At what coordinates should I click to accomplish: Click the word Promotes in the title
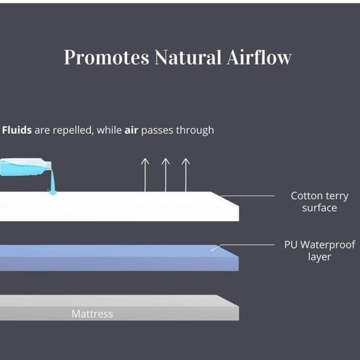tap(107, 57)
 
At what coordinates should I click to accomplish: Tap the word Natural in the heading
tap(188, 57)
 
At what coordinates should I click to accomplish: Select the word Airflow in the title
tap(259, 56)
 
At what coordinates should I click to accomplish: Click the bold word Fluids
tap(17, 130)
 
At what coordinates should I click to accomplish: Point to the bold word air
tap(131, 130)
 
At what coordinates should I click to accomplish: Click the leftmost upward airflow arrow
tap(145, 175)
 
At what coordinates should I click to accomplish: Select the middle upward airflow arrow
tap(166, 175)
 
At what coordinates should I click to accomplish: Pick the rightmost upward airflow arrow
tap(186, 175)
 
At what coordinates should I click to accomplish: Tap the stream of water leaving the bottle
tap(53, 181)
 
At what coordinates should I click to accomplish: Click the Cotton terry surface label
tap(319, 202)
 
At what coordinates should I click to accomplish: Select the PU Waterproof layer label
tap(320, 251)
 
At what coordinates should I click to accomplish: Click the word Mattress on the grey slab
tap(92, 314)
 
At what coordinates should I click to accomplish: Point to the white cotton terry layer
tap(119, 206)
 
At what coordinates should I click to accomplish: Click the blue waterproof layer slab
tap(119, 258)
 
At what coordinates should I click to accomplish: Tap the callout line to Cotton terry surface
tap(247, 196)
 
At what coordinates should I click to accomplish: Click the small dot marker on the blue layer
tap(212, 250)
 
